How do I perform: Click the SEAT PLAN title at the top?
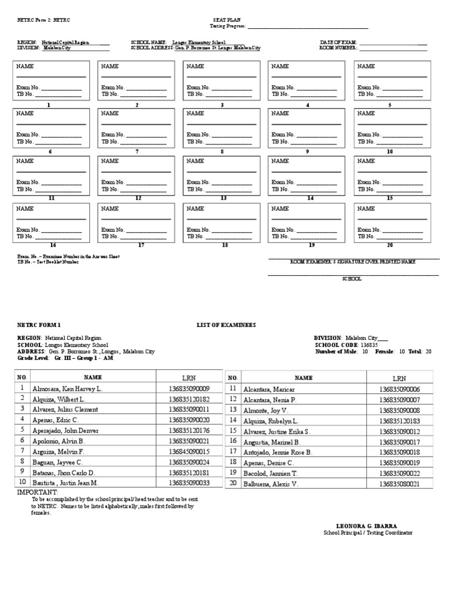pos(223,20)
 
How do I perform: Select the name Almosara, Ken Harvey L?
pos(68,389)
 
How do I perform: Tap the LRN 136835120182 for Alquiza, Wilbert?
pos(189,399)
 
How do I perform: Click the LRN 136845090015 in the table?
pos(189,451)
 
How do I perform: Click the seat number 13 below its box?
pos(223,198)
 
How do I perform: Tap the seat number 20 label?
pos(389,245)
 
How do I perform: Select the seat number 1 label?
pos(49,105)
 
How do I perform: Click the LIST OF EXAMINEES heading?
pos(226,325)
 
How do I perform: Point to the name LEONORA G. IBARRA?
pos(368,526)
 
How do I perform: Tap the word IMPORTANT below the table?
pos(38,492)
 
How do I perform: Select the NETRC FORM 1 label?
pos(39,325)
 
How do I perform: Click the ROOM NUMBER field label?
pos(338,48)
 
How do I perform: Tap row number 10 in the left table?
pos(22,482)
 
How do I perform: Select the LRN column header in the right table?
pos(399,379)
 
